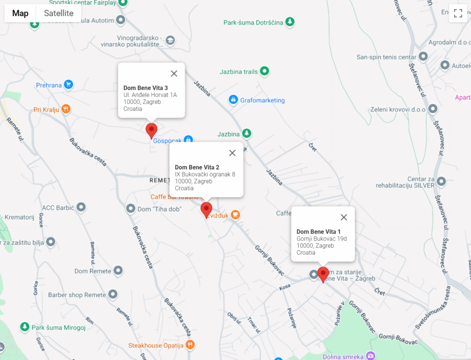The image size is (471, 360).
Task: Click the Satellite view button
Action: (58, 13)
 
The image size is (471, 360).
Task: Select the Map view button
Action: (20, 13)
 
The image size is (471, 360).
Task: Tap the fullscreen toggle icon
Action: (458, 13)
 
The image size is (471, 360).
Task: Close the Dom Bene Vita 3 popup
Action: (174, 74)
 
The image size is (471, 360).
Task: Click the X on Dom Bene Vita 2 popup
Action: (232, 153)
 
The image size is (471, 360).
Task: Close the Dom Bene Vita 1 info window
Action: (344, 217)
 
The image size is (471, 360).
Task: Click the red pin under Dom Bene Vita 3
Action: (151, 130)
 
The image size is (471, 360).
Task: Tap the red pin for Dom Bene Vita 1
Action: (323, 274)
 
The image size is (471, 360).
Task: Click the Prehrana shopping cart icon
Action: (69, 85)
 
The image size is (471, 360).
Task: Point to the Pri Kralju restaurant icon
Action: (66, 109)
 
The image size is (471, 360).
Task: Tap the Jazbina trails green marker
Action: (264, 71)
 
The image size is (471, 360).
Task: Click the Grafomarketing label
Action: (262, 100)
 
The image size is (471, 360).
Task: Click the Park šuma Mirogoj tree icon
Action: (24, 327)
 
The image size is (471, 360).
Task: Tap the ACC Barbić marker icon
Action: (81, 207)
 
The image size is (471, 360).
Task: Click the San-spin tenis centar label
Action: (386, 57)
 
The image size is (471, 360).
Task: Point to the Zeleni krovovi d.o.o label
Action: (398, 109)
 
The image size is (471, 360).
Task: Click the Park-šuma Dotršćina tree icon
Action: (289, 22)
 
